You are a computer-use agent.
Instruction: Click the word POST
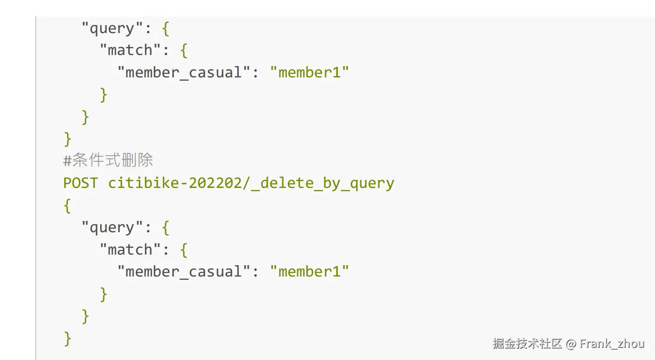(81, 182)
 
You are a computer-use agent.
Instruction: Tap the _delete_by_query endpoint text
(322, 182)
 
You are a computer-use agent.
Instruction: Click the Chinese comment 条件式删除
(112, 160)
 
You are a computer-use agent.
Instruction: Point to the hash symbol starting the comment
(67, 160)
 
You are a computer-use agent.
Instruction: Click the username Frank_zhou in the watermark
(612, 344)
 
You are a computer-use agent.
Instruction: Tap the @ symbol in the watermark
(571, 344)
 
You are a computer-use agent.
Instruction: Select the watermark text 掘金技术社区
(527, 344)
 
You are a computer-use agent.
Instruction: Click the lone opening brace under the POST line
(67, 205)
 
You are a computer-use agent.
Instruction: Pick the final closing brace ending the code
(67, 338)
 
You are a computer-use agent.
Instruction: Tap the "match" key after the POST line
(130, 249)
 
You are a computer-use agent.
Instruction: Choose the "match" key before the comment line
(130, 50)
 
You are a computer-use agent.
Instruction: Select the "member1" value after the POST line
(309, 271)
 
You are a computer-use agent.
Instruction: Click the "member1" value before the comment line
(309, 72)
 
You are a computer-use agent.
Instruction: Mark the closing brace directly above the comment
(67, 138)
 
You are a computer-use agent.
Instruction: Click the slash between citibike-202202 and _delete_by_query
(247, 182)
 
